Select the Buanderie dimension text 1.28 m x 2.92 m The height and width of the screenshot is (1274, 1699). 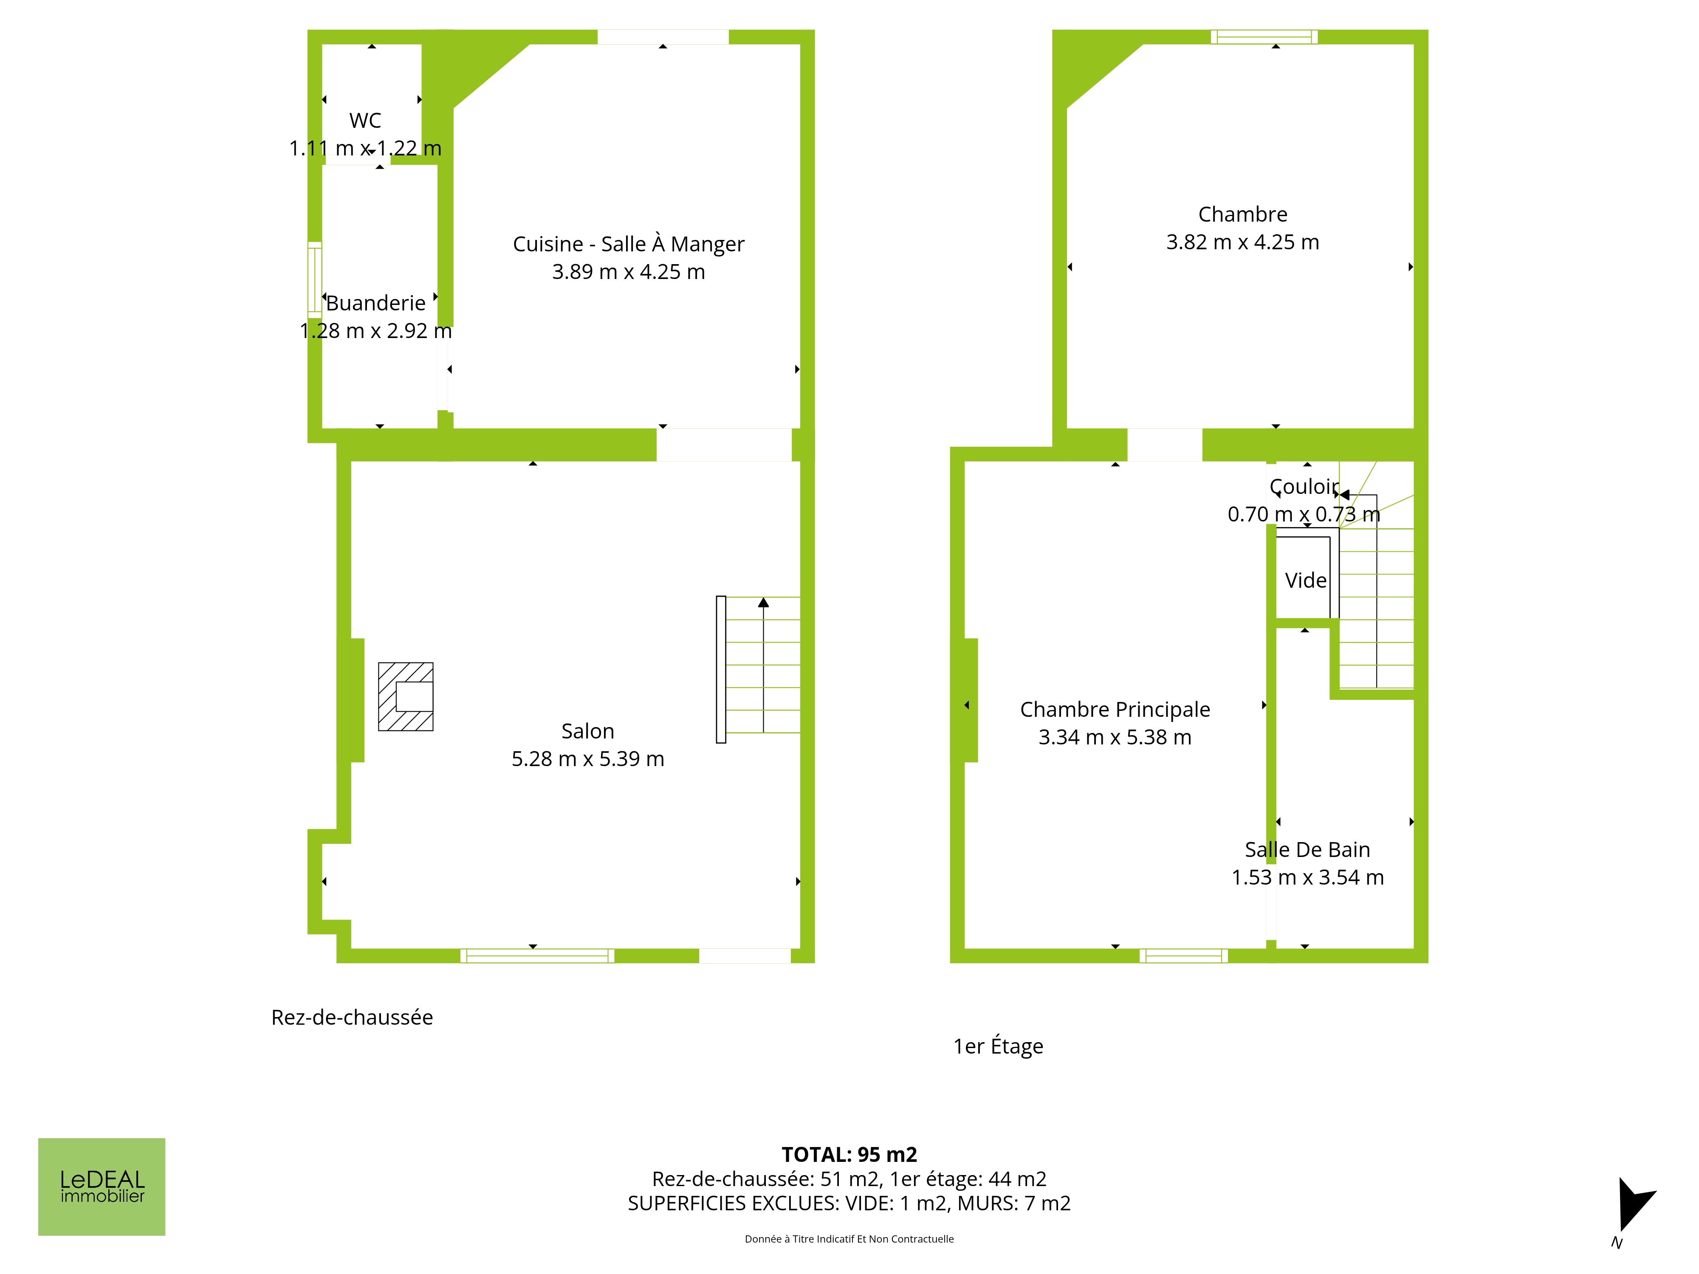point(375,331)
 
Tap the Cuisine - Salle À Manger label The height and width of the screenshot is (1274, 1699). point(628,244)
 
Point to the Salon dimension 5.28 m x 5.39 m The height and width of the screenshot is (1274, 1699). point(587,759)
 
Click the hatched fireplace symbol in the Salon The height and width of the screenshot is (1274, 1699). point(406,696)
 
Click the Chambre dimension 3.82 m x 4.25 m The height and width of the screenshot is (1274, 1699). point(1243,242)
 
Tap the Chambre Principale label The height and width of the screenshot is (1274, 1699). point(1115,710)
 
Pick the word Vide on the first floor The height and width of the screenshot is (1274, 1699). point(1306,581)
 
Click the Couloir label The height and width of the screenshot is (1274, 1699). point(1304,487)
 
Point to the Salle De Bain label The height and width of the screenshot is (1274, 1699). point(1307,849)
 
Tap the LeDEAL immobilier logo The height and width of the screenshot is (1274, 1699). point(102,1187)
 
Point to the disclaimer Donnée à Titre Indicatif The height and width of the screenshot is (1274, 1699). point(849,1239)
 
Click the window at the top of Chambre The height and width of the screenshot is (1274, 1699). point(1264,37)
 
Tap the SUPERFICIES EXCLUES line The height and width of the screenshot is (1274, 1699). point(849,1204)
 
